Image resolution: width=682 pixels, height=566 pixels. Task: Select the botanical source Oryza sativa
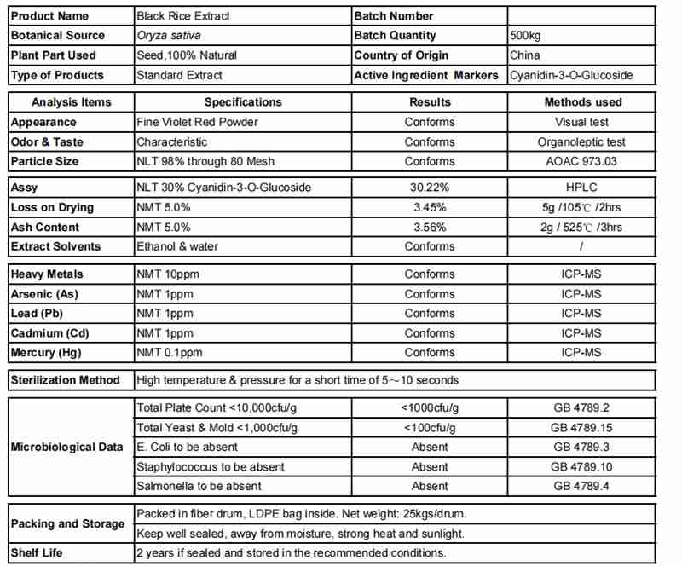(x=165, y=36)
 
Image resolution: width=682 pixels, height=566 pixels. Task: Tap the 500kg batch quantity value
(x=526, y=36)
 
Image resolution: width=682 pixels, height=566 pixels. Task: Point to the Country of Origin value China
(x=524, y=55)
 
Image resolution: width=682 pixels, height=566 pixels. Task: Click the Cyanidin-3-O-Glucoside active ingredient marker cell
(x=571, y=75)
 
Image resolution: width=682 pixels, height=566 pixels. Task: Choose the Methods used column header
(x=582, y=102)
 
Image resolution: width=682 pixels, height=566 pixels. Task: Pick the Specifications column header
(x=243, y=102)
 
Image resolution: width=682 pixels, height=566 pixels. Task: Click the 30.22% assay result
(x=430, y=188)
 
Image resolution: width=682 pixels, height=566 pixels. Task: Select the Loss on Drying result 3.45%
(x=430, y=207)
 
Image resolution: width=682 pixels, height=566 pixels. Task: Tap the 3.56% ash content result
(x=430, y=227)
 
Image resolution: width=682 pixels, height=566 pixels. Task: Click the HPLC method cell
(x=582, y=188)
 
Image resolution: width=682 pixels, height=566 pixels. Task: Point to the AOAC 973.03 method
(x=582, y=161)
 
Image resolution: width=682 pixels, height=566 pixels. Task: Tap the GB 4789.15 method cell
(x=582, y=427)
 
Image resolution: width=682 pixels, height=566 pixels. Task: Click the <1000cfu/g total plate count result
(x=430, y=407)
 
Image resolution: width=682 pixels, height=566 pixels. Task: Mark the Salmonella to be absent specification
(x=199, y=486)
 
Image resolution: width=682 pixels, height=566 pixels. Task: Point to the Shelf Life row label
(x=37, y=552)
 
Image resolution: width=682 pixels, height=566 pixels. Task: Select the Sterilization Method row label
(x=65, y=379)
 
